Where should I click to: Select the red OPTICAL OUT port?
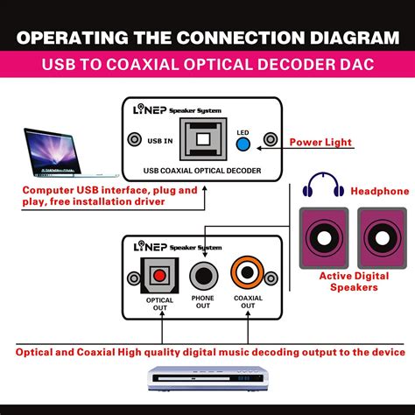pos(159,276)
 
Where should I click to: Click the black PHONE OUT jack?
pos(202,277)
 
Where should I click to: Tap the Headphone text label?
pos(379,191)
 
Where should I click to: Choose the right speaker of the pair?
pos(380,236)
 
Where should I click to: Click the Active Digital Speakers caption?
pos(353,283)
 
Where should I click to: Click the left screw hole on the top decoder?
pos(135,140)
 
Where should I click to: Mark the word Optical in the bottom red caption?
pos(41,352)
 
